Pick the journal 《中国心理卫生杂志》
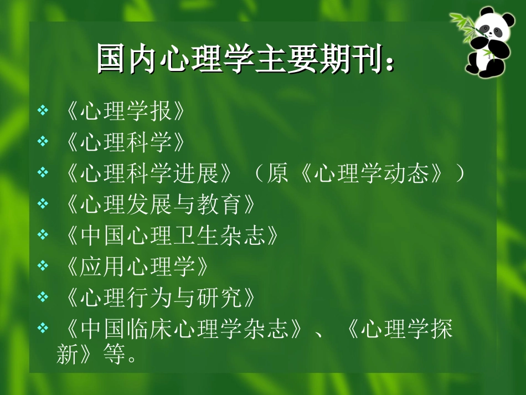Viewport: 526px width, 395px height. click(168, 236)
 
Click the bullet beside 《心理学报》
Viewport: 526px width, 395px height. click(43, 112)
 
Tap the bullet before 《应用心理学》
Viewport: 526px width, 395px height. click(43, 267)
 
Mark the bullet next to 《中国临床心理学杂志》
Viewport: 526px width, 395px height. click(43, 329)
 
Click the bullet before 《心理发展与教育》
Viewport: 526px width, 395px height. click(43, 205)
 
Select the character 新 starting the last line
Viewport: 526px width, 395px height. click(68, 355)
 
